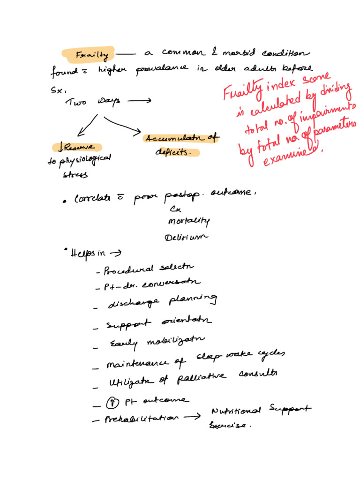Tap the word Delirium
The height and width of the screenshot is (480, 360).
click(x=186, y=237)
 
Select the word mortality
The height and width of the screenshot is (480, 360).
click(x=188, y=221)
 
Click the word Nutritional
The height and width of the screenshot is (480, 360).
click(x=236, y=412)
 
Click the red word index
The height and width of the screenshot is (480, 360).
click(x=282, y=85)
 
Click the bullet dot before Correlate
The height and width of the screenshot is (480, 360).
click(x=65, y=202)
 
